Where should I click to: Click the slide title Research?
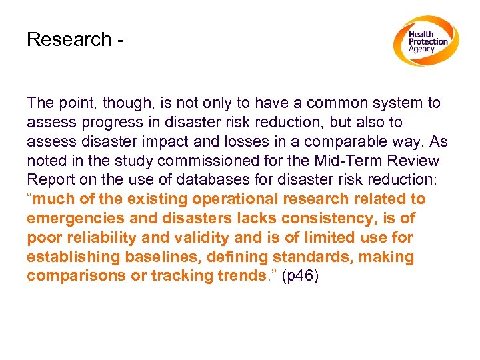[x=69, y=39]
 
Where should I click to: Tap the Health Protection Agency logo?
[x=425, y=41]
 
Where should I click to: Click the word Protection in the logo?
[x=429, y=41]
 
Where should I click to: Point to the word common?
[x=347, y=103]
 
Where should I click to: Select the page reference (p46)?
[x=301, y=276]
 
